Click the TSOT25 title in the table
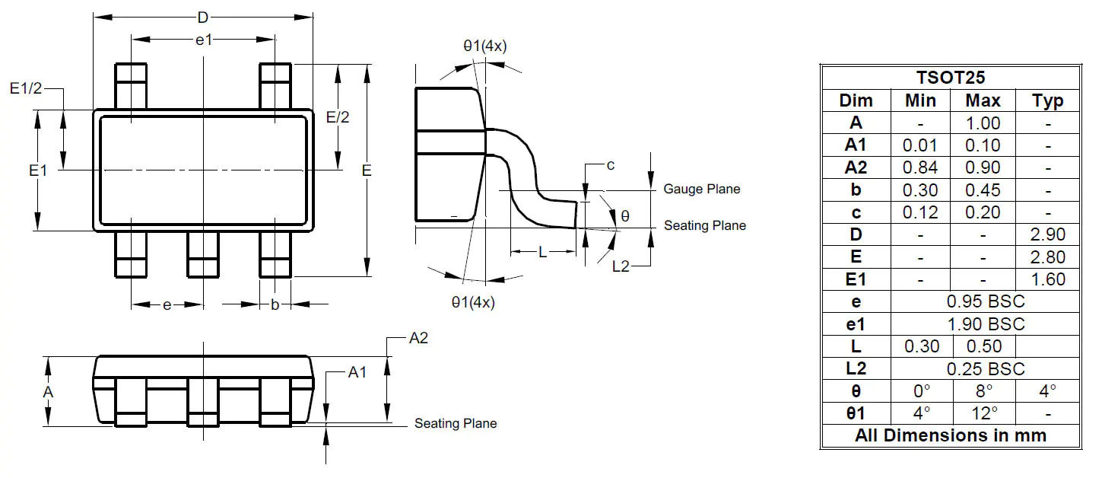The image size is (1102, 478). [951, 78]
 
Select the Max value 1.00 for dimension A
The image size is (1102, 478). [983, 123]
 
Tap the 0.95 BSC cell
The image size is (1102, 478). [986, 301]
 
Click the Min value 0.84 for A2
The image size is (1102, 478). [920, 167]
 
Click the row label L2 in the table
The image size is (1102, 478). [856, 368]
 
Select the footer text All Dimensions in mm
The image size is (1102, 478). [951, 435]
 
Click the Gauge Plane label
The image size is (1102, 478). [701, 189]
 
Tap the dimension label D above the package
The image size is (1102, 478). [202, 18]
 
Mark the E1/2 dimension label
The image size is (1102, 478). [27, 89]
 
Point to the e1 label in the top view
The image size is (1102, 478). [203, 40]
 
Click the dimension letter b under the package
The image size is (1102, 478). [275, 304]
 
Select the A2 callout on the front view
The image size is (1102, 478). [418, 338]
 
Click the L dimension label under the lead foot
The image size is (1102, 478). [542, 252]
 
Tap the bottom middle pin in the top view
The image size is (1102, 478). [202, 255]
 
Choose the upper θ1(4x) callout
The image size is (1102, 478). [484, 46]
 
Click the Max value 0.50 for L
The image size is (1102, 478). [983, 346]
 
